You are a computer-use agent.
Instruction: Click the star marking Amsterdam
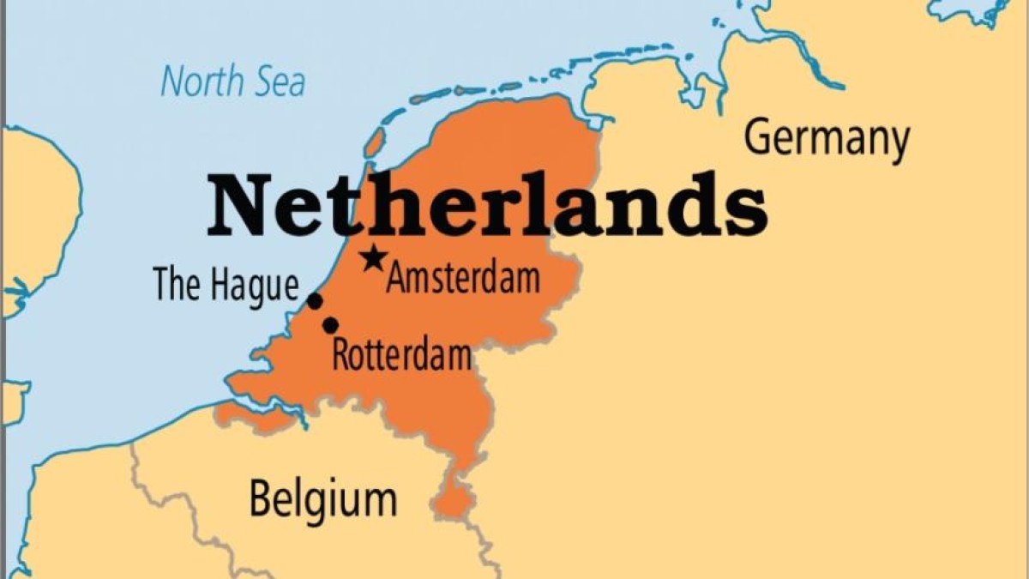(372, 257)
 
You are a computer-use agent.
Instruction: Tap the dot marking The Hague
(315, 301)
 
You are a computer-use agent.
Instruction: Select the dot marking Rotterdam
(330, 325)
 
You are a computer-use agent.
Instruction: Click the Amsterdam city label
(463, 279)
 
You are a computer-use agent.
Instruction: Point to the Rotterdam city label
(401, 354)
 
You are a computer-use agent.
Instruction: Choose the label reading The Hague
(226, 286)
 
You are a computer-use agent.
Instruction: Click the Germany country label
(826, 139)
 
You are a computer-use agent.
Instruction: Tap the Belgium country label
(323, 498)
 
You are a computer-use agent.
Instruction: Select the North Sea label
(232, 83)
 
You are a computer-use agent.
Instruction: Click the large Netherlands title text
(486, 206)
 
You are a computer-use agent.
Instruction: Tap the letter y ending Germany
(897, 144)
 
